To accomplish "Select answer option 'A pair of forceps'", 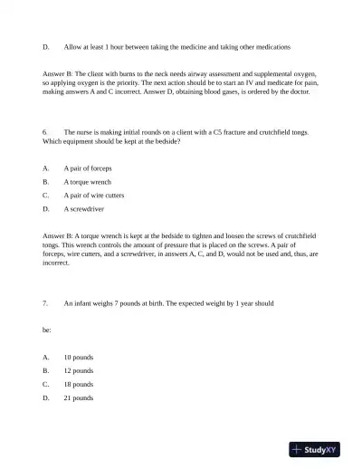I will point(88,168).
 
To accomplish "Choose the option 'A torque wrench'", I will point(87,181).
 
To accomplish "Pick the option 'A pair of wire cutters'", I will point(94,195).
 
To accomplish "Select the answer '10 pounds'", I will point(79,357).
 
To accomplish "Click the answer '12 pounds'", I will point(79,370).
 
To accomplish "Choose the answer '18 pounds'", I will point(79,384).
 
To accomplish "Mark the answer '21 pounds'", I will point(79,397).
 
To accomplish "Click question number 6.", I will point(45,132).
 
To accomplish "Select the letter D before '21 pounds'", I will point(45,397).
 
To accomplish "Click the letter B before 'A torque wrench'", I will point(45,181).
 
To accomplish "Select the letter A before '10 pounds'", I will point(45,357).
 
